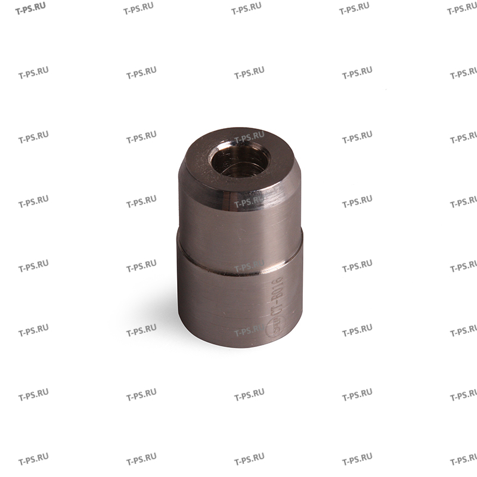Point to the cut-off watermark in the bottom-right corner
463,460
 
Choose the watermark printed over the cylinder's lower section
249,330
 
